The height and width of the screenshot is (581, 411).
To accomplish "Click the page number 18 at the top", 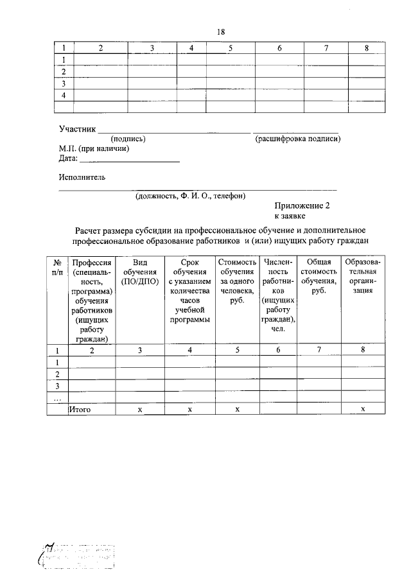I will point(221,31).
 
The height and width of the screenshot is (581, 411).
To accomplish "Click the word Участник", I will point(77,129).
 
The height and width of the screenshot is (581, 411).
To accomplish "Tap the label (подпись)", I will point(128,139).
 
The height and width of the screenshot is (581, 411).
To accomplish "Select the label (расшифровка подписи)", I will point(297,139).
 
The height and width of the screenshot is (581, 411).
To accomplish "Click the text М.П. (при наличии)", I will point(94,148).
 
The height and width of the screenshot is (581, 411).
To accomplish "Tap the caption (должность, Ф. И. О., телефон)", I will point(189,196).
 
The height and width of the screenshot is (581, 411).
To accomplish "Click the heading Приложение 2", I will point(302,206).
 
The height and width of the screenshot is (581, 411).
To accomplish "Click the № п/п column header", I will point(57,267).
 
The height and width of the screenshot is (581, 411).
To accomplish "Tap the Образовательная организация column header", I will point(362,276).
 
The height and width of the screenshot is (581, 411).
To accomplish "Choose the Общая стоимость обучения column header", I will point(319,276).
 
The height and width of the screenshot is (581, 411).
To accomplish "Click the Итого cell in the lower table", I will point(80,409).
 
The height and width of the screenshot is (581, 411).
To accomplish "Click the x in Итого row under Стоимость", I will point(236,409).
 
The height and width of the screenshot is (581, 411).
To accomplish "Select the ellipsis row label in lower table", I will point(57,397).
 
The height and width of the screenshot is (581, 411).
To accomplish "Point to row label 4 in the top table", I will point(64,95).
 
